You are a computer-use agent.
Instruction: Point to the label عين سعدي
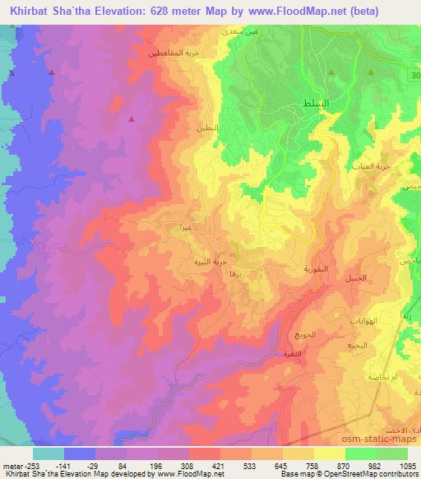tap(237, 30)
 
